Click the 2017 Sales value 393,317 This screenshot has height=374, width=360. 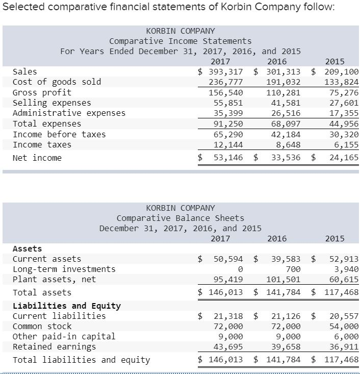click(x=225, y=71)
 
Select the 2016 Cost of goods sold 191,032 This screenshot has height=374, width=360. click(x=284, y=82)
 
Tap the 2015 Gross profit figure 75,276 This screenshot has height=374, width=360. click(x=341, y=93)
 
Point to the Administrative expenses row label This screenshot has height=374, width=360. click(x=69, y=113)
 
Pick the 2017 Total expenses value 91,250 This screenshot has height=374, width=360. click(x=227, y=124)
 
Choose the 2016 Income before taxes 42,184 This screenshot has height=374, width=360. click(x=284, y=135)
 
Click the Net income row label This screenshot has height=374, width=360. click(x=37, y=158)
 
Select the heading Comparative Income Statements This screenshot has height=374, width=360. click(x=180, y=41)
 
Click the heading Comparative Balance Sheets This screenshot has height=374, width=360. click(x=180, y=218)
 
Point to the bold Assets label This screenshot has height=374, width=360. click(x=27, y=248)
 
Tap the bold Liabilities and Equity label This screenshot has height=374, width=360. click(x=66, y=306)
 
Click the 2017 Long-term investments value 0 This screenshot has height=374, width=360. click(x=240, y=269)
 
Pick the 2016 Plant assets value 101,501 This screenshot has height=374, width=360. click(x=284, y=279)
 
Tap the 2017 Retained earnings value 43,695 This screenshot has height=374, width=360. click(x=227, y=346)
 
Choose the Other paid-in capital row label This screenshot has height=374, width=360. click(x=64, y=336)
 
